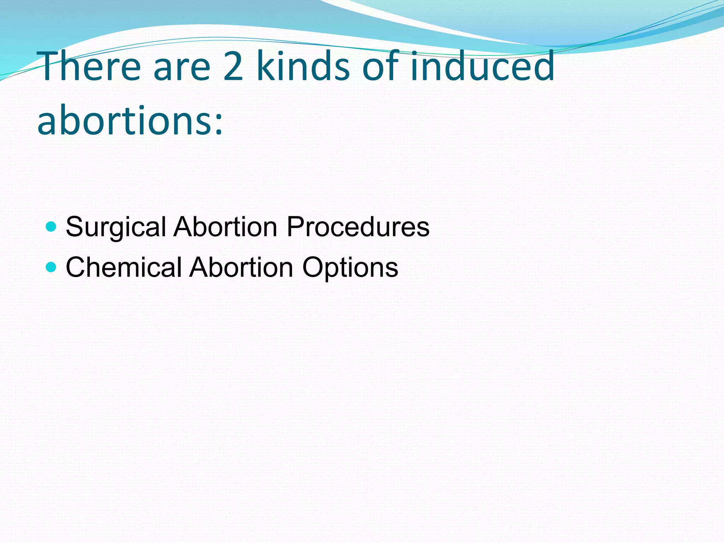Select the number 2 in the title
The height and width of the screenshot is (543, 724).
tap(234, 66)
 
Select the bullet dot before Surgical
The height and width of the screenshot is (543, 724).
tap(51, 226)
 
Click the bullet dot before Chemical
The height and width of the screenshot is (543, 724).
tap(51, 267)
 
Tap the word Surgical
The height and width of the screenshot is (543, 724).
tap(116, 227)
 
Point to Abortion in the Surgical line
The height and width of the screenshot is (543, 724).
tap(226, 226)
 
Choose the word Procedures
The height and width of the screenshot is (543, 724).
tap(358, 226)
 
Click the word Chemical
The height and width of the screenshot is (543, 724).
tap(123, 267)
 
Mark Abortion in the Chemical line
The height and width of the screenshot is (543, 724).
tap(241, 267)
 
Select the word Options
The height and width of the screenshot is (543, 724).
tap(350, 268)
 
